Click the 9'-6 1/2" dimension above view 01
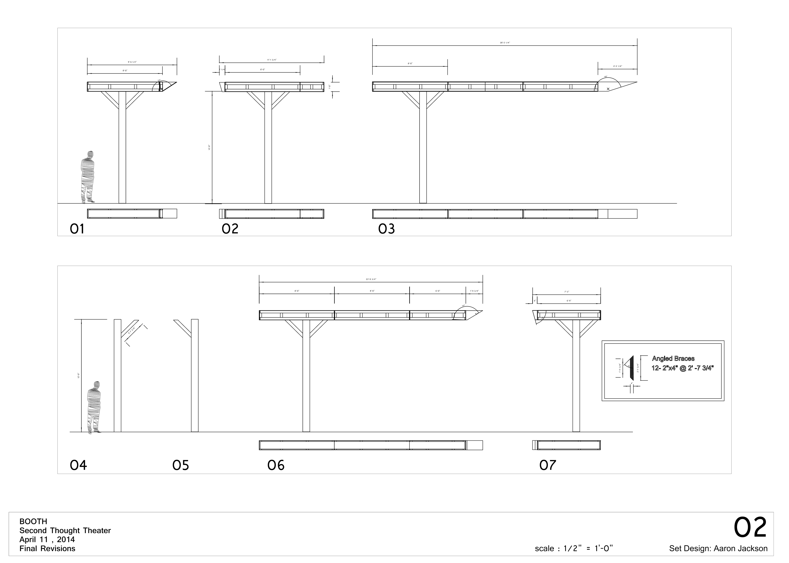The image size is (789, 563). click(132, 62)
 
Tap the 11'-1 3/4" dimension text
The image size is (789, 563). click(272, 60)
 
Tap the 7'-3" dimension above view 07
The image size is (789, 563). click(566, 292)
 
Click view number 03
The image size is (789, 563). click(386, 229)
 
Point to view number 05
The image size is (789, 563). click(180, 465)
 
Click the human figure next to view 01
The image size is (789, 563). click(87, 177)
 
